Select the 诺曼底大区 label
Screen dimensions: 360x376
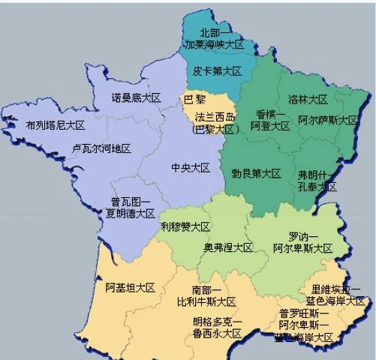[x=137, y=98]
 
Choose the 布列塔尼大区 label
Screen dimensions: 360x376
[x=55, y=125]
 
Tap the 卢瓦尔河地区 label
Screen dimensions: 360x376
[x=101, y=148]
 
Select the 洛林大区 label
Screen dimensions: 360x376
[x=308, y=99]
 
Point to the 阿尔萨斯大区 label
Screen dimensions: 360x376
[x=327, y=120]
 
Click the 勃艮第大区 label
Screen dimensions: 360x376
[x=256, y=174]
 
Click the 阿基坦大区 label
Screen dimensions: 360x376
[x=130, y=287]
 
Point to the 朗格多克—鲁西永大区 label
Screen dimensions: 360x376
[x=217, y=328]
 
